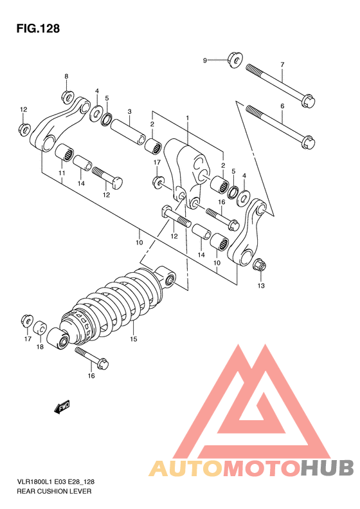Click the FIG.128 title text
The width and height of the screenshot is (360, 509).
click(x=38, y=28)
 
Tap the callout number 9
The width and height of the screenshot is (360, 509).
click(x=204, y=60)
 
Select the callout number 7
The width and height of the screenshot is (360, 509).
click(x=282, y=64)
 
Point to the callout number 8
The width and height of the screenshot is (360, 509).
click(x=66, y=77)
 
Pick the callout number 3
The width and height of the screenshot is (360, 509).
click(x=129, y=112)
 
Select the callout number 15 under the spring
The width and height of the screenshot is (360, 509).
click(x=134, y=339)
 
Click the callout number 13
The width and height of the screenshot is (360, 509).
click(x=261, y=286)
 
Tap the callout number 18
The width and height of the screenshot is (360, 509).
click(x=40, y=347)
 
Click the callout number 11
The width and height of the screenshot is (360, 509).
click(x=62, y=173)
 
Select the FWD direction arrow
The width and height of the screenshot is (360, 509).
click(x=62, y=407)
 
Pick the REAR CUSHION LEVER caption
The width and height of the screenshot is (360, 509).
click(x=54, y=491)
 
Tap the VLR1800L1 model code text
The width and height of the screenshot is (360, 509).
click(x=34, y=482)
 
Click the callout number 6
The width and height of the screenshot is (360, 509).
click(x=282, y=106)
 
